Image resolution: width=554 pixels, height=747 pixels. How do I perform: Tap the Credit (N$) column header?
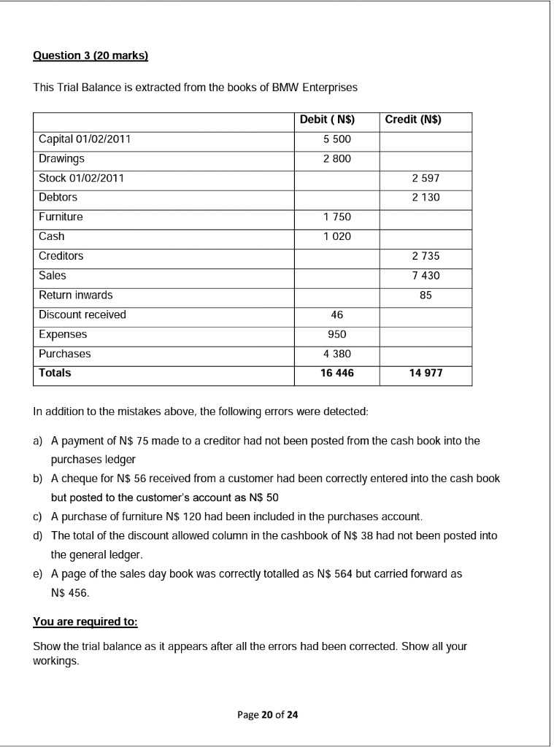[412, 120]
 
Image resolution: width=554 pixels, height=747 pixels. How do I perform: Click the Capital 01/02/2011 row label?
[85, 139]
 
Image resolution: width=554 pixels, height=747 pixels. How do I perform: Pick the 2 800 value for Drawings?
[336, 158]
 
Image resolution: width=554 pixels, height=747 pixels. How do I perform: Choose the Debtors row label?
[58, 197]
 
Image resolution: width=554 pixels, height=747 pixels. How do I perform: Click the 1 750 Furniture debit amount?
[336, 217]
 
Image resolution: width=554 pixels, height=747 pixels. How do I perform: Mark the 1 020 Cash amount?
[336, 236]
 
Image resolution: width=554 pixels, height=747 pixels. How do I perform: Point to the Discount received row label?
[82, 314]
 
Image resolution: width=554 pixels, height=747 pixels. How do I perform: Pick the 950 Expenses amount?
[336, 334]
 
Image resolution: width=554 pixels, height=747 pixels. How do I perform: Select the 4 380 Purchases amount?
[336, 354]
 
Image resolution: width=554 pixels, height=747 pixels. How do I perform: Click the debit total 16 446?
[336, 373]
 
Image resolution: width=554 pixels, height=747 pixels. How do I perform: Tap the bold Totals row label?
[55, 373]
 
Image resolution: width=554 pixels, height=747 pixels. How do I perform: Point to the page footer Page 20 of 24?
[268, 714]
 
